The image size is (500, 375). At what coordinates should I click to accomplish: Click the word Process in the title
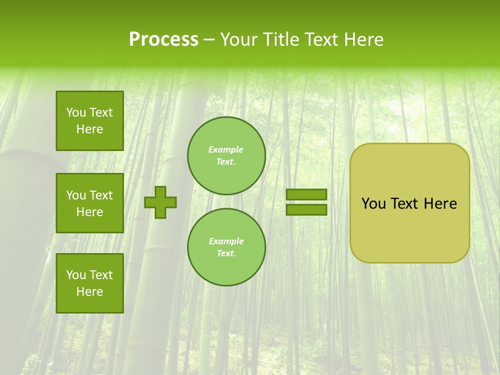(x=164, y=40)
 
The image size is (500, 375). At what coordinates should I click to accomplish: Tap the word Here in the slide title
(x=363, y=40)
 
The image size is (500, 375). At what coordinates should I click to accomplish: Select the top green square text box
(x=90, y=121)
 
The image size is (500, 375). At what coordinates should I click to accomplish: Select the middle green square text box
(x=90, y=203)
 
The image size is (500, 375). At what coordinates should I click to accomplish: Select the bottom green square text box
(x=90, y=283)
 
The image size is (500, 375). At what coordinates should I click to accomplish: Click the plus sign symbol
(x=160, y=202)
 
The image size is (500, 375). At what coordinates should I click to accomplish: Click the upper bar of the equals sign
(x=306, y=194)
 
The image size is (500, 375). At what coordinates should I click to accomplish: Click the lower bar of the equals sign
(x=306, y=209)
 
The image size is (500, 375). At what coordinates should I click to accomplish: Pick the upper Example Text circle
(x=226, y=155)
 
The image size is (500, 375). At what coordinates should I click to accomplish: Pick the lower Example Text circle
(x=226, y=247)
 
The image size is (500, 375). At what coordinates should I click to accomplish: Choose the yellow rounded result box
(x=409, y=203)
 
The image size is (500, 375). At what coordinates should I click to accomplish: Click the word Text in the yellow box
(x=405, y=204)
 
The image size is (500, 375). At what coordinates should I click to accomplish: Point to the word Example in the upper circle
(x=226, y=149)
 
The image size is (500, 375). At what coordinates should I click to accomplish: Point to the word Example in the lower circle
(x=226, y=241)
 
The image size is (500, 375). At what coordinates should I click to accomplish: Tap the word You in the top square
(x=76, y=113)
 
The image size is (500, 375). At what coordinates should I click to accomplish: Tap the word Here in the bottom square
(x=90, y=292)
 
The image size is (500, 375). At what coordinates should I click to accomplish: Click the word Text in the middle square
(x=101, y=195)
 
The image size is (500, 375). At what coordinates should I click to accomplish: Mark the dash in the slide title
(x=209, y=40)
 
